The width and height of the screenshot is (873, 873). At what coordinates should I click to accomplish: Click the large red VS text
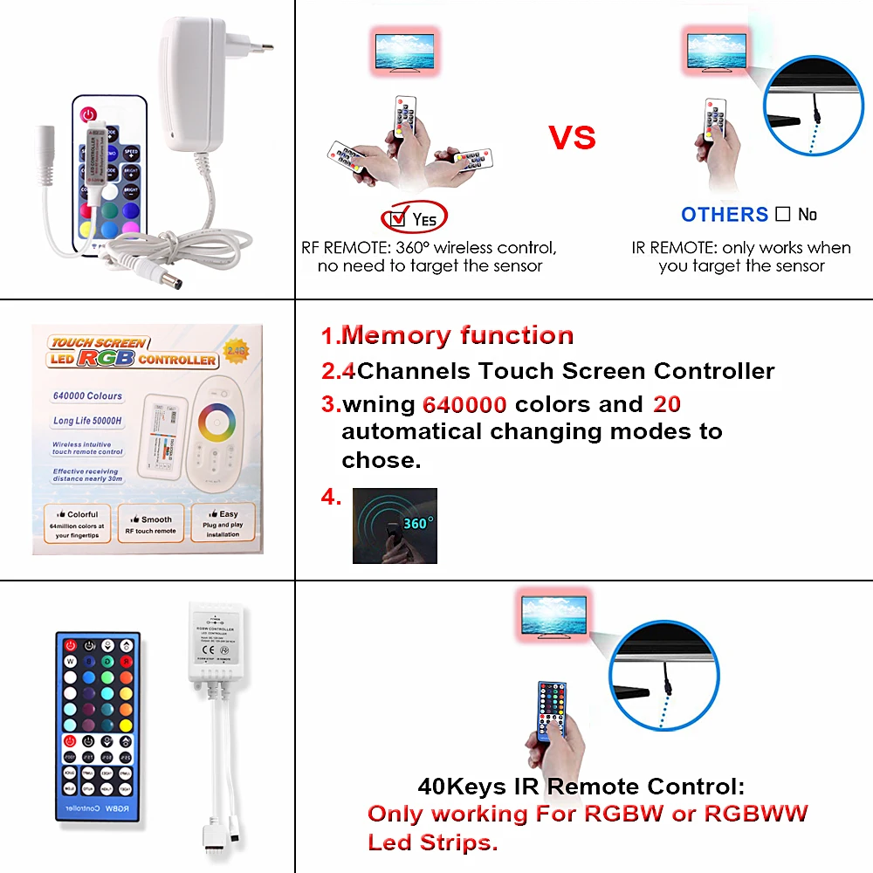[x=572, y=137]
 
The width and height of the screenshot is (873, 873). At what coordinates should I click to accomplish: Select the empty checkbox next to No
[x=782, y=214]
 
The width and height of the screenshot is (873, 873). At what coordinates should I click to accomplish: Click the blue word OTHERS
[x=725, y=214]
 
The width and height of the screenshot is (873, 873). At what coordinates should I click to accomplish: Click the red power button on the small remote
[x=88, y=114]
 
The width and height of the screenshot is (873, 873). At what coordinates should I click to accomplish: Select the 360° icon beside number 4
[x=394, y=526]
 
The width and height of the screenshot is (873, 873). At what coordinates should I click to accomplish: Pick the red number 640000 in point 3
[x=464, y=405]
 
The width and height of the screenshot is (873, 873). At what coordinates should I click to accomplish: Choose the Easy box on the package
[x=223, y=523]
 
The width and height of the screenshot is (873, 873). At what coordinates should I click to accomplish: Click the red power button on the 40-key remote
[x=70, y=646]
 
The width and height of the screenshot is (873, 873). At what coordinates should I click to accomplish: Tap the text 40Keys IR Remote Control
[x=581, y=786]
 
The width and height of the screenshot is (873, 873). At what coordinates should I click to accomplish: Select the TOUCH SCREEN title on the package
[x=99, y=343]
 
